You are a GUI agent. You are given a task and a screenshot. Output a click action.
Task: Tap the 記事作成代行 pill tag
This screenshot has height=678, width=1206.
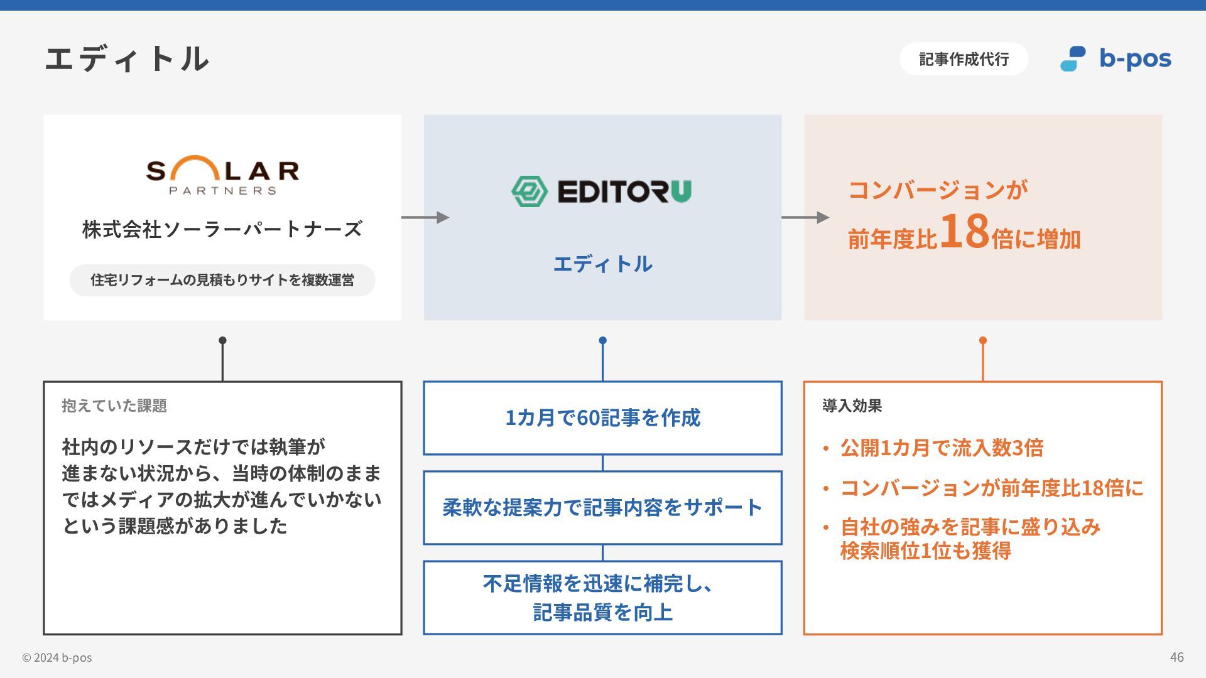click(964, 59)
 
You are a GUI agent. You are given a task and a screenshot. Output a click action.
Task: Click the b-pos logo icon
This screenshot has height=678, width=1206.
click(1073, 59)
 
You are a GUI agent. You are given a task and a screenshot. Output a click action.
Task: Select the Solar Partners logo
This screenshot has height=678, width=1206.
click(222, 175)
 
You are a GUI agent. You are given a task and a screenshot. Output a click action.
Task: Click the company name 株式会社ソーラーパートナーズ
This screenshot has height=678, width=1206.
click(222, 229)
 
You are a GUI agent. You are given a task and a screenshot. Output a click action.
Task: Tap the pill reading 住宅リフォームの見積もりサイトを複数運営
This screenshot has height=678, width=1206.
click(222, 280)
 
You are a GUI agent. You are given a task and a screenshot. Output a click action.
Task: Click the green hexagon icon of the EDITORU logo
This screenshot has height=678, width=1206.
click(530, 191)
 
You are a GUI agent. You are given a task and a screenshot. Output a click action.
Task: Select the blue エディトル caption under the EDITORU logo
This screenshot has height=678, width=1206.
click(602, 264)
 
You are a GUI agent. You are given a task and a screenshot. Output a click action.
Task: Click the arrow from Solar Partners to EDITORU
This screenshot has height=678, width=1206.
click(425, 217)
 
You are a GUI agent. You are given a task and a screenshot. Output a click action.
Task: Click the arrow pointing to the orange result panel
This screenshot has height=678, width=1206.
click(805, 217)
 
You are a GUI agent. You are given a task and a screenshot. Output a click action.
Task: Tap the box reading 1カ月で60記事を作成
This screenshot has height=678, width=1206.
click(602, 418)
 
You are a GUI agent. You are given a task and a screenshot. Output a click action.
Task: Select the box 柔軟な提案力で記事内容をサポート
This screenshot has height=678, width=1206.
click(602, 507)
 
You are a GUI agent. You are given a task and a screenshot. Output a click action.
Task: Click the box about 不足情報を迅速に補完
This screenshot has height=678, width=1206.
click(602, 598)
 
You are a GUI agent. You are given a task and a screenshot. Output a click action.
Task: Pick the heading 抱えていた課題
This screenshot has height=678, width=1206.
click(114, 406)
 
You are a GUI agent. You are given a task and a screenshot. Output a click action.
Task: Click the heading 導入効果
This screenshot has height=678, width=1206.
click(852, 406)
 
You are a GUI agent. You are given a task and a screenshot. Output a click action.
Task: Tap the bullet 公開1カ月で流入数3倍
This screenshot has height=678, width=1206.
click(942, 448)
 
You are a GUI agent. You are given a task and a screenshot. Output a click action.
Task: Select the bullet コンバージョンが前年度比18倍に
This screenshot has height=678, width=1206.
click(992, 488)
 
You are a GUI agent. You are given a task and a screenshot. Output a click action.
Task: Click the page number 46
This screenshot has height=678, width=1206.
click(1176, 657)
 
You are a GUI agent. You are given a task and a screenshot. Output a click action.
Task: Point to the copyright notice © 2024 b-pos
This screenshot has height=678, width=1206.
click(57, 658)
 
